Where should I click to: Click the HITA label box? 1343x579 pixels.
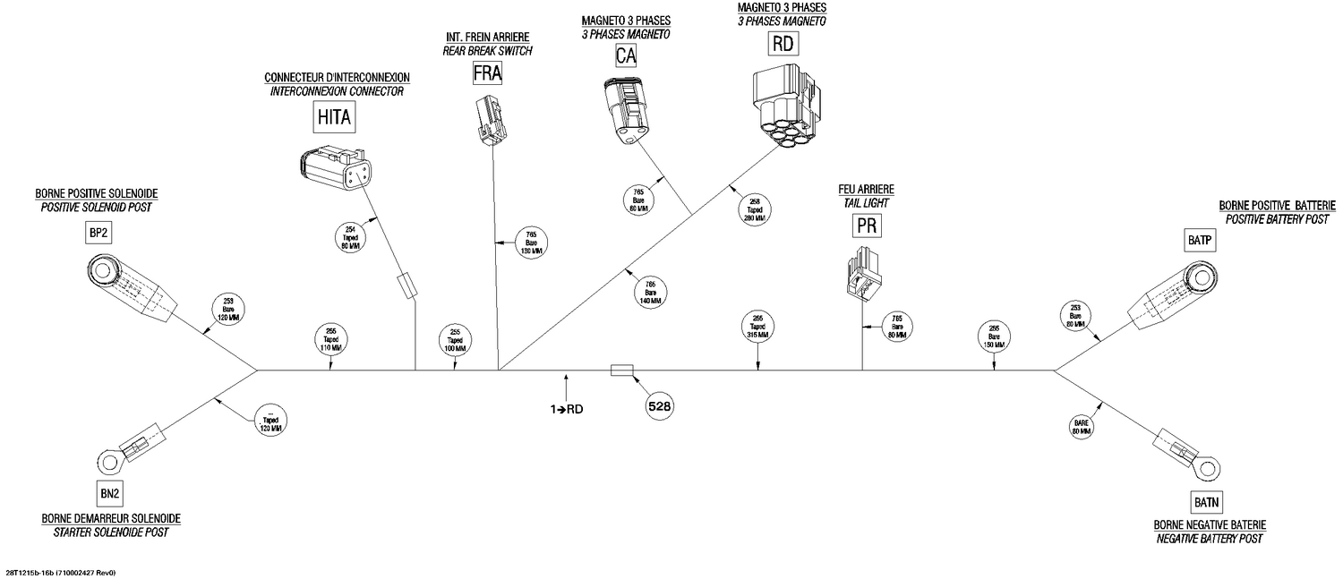(x=335, y=116)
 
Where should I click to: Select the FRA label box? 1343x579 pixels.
(x=487, y=72)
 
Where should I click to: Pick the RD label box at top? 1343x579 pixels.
(x=783, y=44)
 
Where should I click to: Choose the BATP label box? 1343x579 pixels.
(x=1199, y=241)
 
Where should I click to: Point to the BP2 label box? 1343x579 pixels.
(x=98, y=232)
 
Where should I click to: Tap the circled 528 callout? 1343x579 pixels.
(x=659, y=406)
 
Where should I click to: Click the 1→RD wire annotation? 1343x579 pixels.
(x=569, y=409)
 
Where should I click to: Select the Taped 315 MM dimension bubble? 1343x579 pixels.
(x=757, y=328)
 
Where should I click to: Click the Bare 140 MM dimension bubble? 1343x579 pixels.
(x=651, y=293)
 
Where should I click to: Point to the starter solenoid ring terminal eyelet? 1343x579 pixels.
(x=109, y=461)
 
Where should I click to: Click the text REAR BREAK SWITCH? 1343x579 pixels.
(x=487, y=51)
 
